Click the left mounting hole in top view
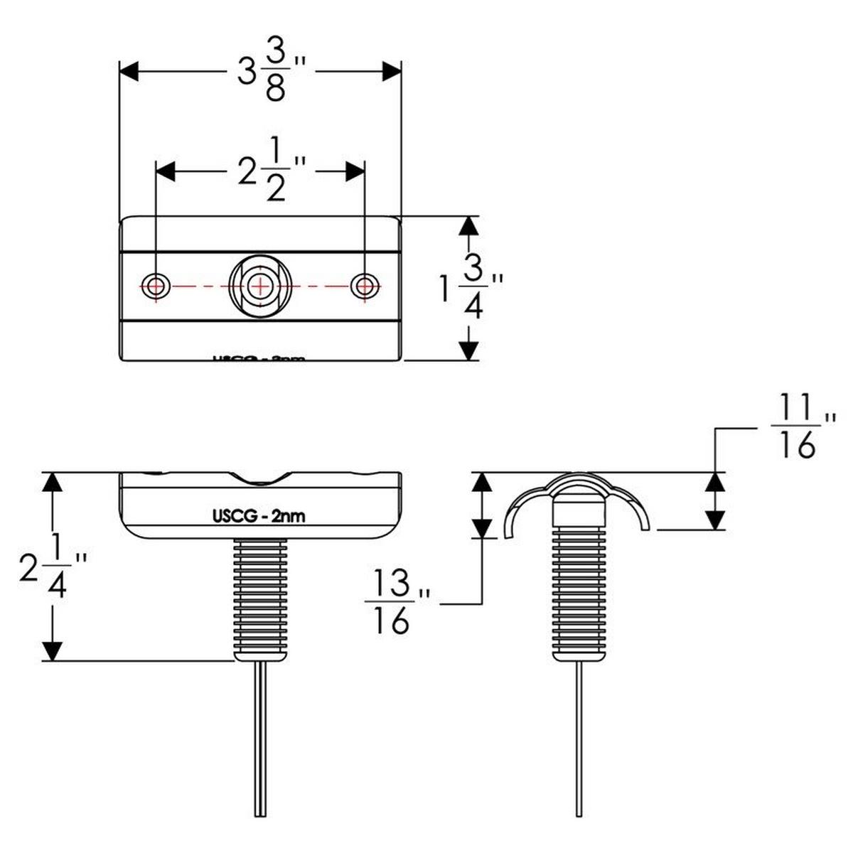(x=155, y=286)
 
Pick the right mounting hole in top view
(x=365, y=286)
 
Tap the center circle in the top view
(x=260, y=286)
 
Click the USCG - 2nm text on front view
(x=260, y=516)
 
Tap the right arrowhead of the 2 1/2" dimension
(x=355, y=171)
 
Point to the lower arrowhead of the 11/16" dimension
(x=716, y=519)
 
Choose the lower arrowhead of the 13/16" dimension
(x=483, y=527)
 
